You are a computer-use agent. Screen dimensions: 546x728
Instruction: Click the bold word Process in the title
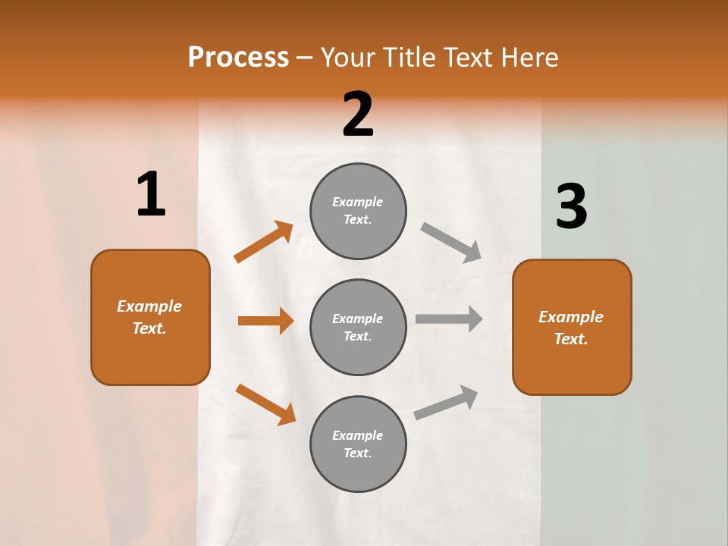pyautogui.click(x=238, y=58)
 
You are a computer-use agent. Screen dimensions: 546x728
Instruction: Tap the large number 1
pyautogui.click(x=151, y=195)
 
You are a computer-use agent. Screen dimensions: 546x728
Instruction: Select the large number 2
pyautogui.click(x=358, y=115)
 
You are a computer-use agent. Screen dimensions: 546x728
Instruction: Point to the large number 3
pyautogui.click(x=572, y=207)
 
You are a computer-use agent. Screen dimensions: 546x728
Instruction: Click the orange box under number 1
pyautogui.click(x=150, y=317)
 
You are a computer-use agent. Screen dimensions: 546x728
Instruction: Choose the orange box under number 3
pyautogui.click(x=572, y=327)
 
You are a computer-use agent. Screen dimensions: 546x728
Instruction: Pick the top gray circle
pyautogui.click(x=358, y=211)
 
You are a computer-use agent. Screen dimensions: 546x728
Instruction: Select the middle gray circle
pyautogui.click(x=358, y=327)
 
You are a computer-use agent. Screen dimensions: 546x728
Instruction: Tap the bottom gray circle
pyautogui.click(x=358, y=444)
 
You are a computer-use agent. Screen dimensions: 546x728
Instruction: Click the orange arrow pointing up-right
pyautogui.click(x=263, y=242)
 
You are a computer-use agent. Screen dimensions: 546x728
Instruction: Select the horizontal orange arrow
pyautogui.click(x=265, y=321)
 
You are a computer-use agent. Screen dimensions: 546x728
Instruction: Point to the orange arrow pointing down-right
pyautogui.click(x=265, y=404)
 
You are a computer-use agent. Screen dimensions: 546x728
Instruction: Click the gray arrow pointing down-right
pyautogui.click(x=451, y=242)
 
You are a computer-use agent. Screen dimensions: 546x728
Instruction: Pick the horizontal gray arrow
pyautogui.click(x=449, y=319)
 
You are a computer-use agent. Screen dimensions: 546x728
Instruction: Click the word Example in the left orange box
pyautogui.click(x=149, y=306)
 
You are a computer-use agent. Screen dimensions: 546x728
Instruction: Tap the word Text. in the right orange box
pyautogui.click(x=571, y=339)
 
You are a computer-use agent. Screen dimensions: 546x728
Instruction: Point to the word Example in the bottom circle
pyautogui.click(x=358, y=435)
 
